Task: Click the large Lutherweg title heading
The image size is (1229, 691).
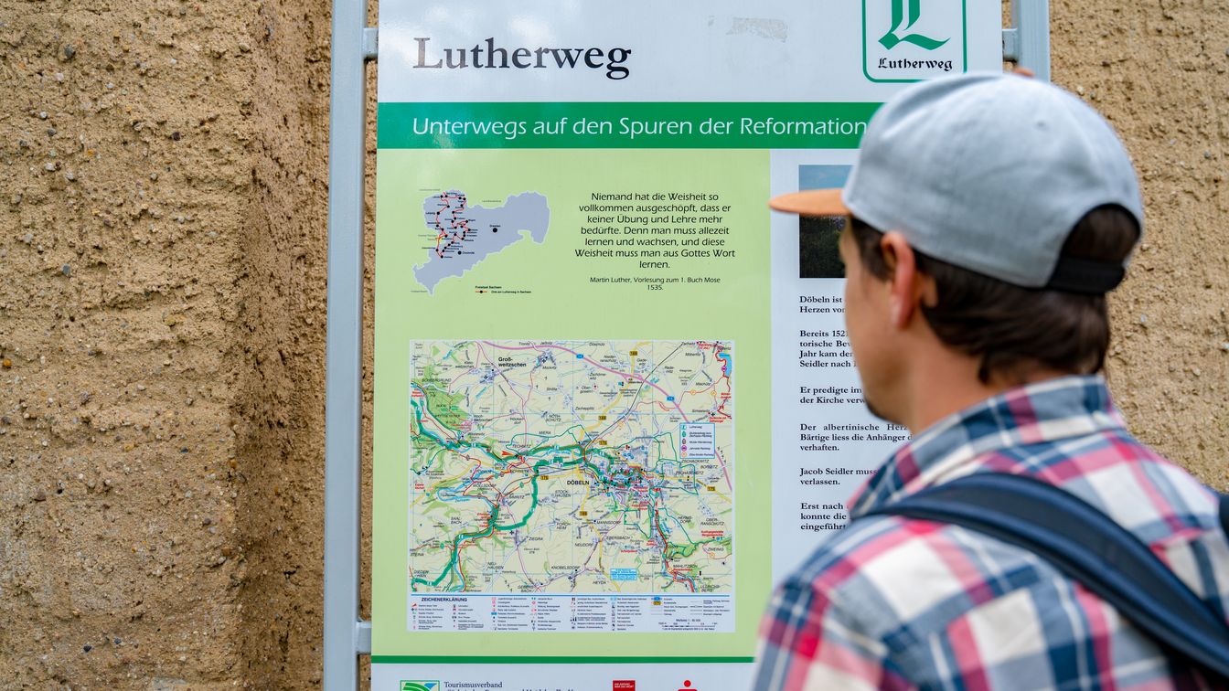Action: click(521, 57)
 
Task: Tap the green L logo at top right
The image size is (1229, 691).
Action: click(913, 27)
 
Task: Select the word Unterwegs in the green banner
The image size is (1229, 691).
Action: click(468, 126)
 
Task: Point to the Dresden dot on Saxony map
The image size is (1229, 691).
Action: click(495, 229)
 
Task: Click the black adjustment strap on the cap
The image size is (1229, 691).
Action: click(1086, 274)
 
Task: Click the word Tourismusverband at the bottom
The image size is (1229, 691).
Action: click(472, 684)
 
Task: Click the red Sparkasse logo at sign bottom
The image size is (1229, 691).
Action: click(625, 685)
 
